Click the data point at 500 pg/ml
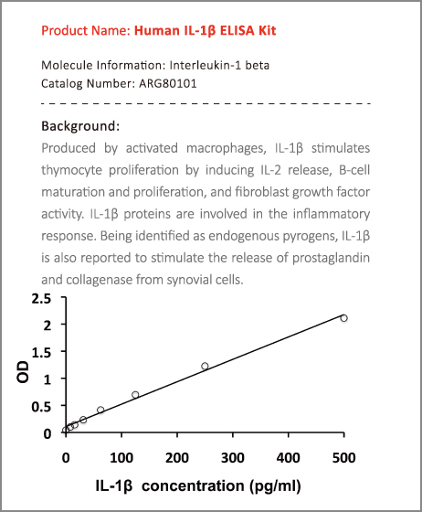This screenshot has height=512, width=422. tap(343, 318)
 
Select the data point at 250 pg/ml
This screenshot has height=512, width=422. tap(205, 366)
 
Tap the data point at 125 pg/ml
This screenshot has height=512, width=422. tap(135, 395)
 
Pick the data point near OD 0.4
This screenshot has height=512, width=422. tap(100, 410)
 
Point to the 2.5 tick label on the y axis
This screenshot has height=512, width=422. tap(41, 298)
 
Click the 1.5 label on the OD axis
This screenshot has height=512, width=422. tap(41, 352)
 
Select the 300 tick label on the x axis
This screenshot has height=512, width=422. tap(233, 458)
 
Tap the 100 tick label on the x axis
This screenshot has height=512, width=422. tap(121, 458)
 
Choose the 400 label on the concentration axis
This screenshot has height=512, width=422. tap(289, 458)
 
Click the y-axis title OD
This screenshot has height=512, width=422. tap(23, 371)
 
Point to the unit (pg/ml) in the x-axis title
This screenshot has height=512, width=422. tap(275, 485)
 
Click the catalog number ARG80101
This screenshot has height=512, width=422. tap(168, 83)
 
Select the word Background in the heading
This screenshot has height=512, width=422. tap(79, 126)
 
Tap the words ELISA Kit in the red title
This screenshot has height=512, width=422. tap(248, 30)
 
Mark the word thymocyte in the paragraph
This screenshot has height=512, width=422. tap(71, 170)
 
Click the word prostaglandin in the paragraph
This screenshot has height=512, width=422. tap(331, 258)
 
